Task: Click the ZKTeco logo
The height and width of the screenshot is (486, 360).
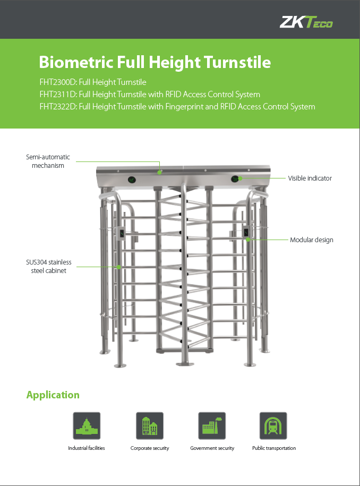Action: click(306, 22)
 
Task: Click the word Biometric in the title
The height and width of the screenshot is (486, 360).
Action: click(76, 62)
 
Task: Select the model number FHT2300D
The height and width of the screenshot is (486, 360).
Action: click(58, 82)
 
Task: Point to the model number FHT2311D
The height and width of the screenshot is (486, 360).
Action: click(58, 94)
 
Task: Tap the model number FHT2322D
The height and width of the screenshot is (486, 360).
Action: click(58, 107)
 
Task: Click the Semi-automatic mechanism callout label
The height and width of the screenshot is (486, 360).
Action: click(48, 161)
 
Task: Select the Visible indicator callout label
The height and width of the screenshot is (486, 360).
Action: click(310, 178)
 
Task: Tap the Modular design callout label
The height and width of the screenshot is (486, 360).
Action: click(311, 240)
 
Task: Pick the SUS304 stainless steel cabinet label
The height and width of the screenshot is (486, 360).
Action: click(49, 266)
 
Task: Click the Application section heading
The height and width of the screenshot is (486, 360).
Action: click(53, 395)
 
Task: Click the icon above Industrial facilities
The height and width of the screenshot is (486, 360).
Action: click(87, 425)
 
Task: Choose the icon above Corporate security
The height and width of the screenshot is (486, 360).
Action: click(150, 425)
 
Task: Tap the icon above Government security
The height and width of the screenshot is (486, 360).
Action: click(212, 425)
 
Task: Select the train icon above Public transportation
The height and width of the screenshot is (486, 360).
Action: click(273, 425)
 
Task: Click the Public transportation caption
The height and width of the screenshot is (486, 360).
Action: click(274, 448)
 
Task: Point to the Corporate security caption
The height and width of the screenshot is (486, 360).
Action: click(150, 448)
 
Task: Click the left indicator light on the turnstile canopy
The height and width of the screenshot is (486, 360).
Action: click(132, 180)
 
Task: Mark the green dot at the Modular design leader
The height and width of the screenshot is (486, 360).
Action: click(248, 240)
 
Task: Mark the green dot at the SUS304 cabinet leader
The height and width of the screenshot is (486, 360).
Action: click(118, 267)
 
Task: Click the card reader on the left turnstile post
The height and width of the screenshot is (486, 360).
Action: click(122, 233)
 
